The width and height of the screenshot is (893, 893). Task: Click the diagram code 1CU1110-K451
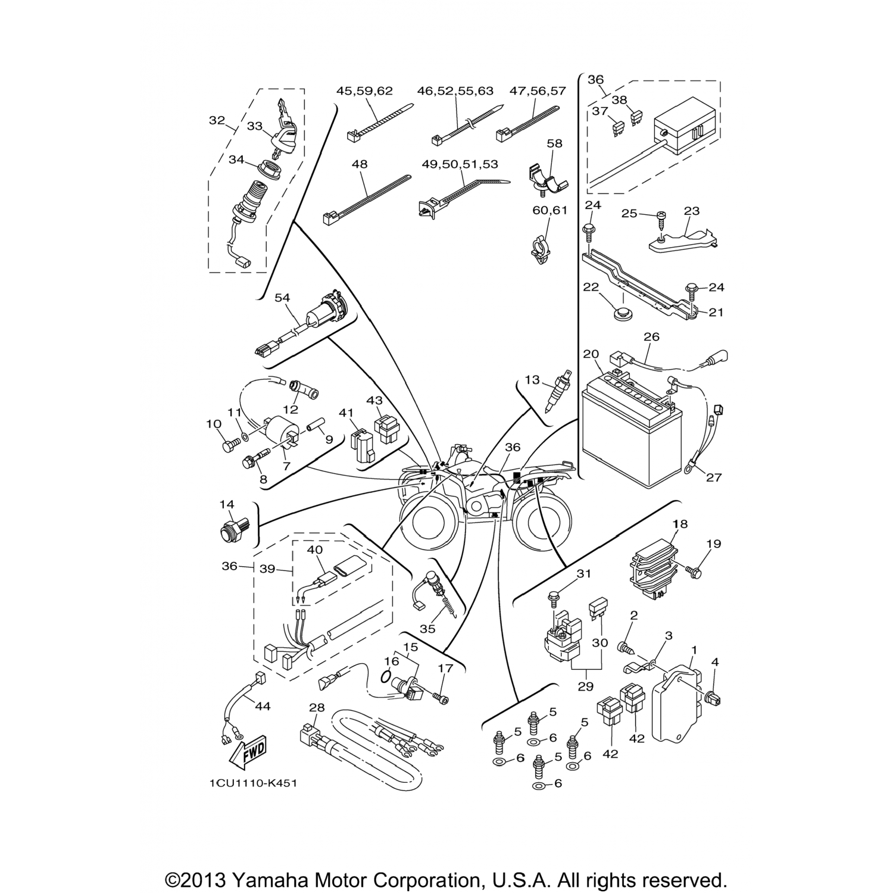pos(252,783)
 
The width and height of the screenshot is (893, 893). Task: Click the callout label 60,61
pos(550,210)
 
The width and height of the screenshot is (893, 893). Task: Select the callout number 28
pos(317,707)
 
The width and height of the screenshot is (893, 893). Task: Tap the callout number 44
pos(263,706)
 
